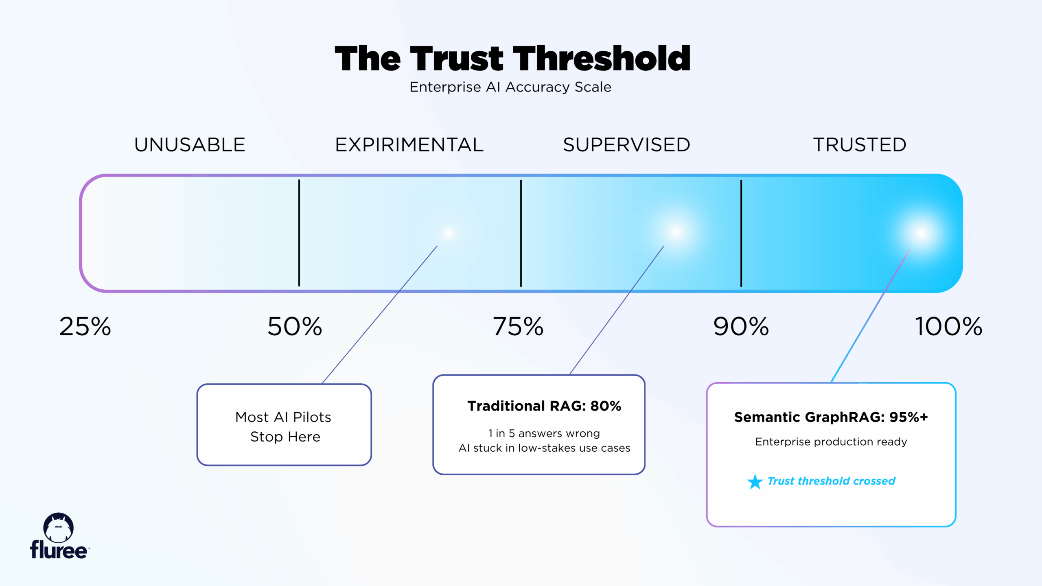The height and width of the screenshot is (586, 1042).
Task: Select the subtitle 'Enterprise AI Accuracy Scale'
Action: point(510,87)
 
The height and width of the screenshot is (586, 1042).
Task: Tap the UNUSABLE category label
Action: point(190,145)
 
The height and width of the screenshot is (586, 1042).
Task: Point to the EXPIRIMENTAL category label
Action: point(409,145)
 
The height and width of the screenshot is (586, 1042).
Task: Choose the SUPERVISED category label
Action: point(626,145)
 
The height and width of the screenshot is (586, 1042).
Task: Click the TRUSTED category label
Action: point(860,145)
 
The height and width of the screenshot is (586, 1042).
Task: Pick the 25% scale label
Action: point(85,326)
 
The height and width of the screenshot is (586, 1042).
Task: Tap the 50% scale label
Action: point(295,326)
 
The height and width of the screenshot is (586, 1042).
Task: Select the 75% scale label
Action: point(518,326)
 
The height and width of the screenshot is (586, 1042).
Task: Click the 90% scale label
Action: point(741,326)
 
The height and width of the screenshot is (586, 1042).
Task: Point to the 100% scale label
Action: point(948,326)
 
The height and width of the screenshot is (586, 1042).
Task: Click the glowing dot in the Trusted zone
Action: point(922,233)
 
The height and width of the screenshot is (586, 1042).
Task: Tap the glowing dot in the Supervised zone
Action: point(676,232)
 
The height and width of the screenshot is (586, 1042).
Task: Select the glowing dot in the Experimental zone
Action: point(449,233)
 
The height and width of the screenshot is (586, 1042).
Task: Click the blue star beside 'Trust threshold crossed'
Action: point(755,481)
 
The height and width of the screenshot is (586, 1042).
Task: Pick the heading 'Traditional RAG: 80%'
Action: point(544,406)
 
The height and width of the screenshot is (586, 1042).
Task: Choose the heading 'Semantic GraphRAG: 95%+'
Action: point(831,417)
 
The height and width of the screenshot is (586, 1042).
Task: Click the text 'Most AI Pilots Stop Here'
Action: point(284,426)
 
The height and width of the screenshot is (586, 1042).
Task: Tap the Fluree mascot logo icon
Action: point(59,527)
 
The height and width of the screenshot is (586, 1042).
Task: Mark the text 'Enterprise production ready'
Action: point(831,442)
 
